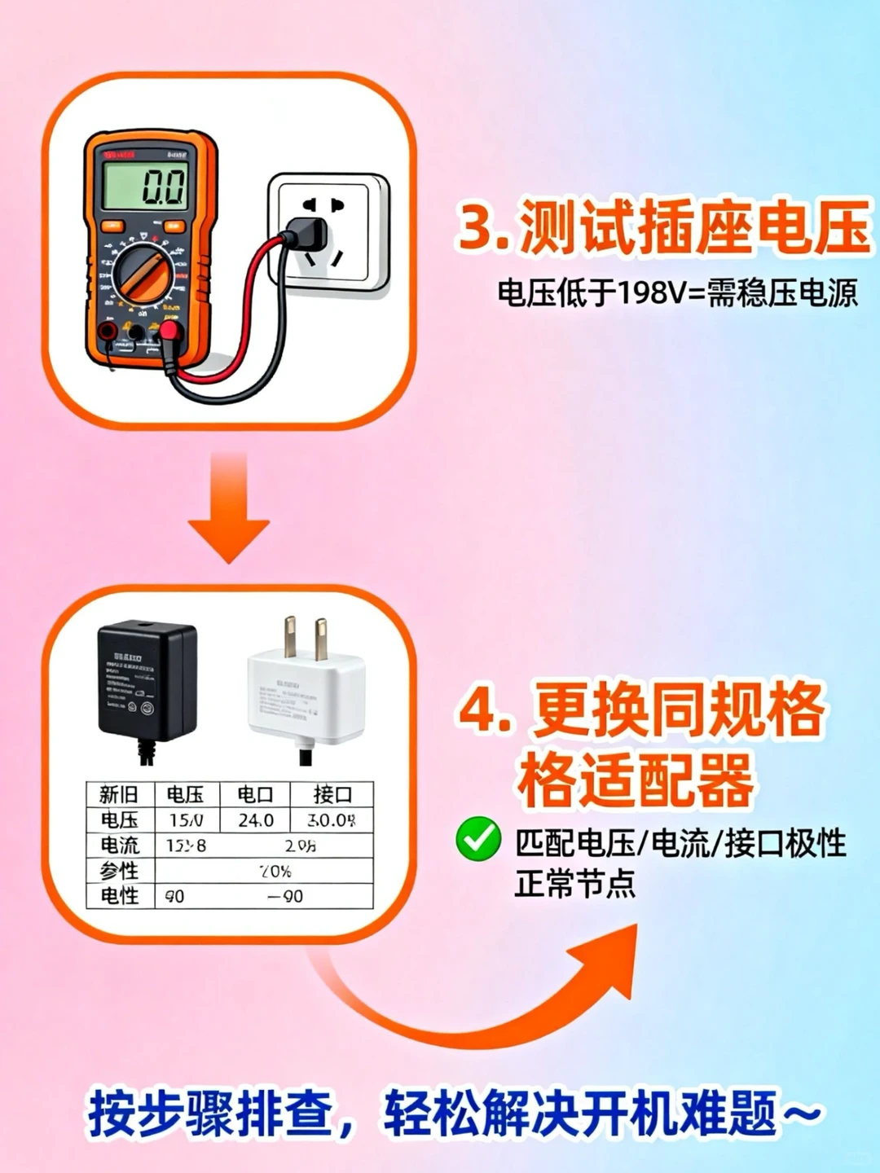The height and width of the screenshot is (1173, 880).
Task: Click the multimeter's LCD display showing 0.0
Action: click(144, 186)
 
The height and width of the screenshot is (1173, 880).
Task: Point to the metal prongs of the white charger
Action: click(306, 638)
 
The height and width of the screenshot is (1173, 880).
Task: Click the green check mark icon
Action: click(478, 839)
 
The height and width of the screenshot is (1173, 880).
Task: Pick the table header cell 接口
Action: click(332, 794)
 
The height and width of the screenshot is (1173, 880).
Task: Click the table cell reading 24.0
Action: click(256, 820)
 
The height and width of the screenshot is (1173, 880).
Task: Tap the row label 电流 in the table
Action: click(120, 846)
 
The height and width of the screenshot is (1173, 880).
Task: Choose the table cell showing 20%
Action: click(275, 871)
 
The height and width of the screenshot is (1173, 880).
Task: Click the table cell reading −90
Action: click(285, 896)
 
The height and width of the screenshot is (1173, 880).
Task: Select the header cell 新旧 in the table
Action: click(119, 794)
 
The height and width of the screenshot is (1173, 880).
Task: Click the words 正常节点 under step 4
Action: click(574, 883)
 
